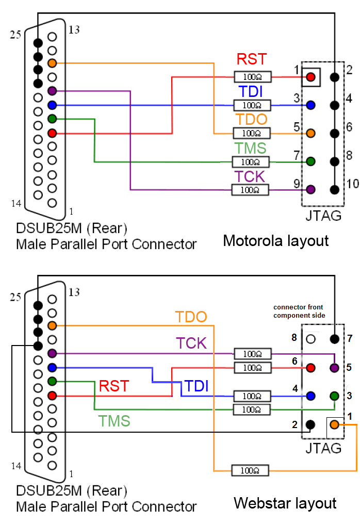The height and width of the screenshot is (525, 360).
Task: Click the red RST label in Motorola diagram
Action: [252, 59]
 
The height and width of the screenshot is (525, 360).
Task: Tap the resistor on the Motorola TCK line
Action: [251, 190]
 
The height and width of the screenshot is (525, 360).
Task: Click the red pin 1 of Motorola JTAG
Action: [310, 77]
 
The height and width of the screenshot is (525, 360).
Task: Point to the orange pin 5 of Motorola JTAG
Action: [310, 133]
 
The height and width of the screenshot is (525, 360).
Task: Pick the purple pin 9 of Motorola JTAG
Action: [310, 189]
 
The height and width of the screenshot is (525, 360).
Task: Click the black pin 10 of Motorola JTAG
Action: [335, 189]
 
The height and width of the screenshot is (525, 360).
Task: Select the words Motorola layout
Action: [275, 240]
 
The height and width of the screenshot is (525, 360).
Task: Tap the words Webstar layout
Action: [285, 503]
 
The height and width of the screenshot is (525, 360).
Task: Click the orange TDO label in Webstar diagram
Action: [191, 317]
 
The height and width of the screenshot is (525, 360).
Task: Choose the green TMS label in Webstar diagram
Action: [114, 421]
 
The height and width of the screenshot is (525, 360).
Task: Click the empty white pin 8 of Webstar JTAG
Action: [310, 339]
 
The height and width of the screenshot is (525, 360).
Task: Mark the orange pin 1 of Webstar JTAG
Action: [334, 424]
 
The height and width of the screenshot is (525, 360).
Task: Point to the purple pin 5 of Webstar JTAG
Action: [334, 368]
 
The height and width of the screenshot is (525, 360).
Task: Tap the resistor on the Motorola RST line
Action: [251, 77]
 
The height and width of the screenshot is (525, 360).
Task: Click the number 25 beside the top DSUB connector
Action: [16, 35]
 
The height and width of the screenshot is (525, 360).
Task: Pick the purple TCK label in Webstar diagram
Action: [191, 343]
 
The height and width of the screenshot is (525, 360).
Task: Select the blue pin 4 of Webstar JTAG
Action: [310, 396]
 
